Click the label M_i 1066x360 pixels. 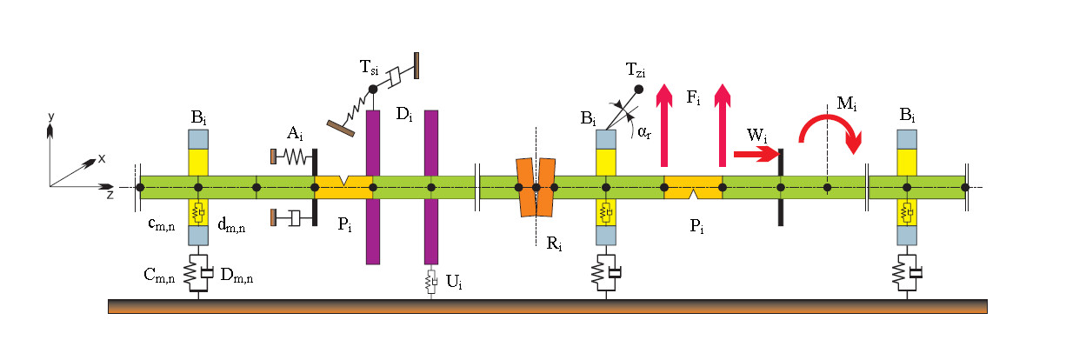coord(847,103)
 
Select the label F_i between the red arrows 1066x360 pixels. coord(693,97)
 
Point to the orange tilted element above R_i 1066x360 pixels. coord(536,187)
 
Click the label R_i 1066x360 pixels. coord(554,243)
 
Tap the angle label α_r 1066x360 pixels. coord(644,132)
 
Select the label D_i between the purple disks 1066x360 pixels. coord(403,113)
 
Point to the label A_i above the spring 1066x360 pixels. coord(295,133)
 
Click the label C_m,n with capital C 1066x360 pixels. coord(159,275)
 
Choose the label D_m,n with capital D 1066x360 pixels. coord(237,275)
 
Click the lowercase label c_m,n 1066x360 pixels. coord(162,223)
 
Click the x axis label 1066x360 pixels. coord(102,158)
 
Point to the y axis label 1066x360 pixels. coord(51,116)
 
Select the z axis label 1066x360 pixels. coord(110,195)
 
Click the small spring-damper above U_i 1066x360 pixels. coord(430,280)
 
